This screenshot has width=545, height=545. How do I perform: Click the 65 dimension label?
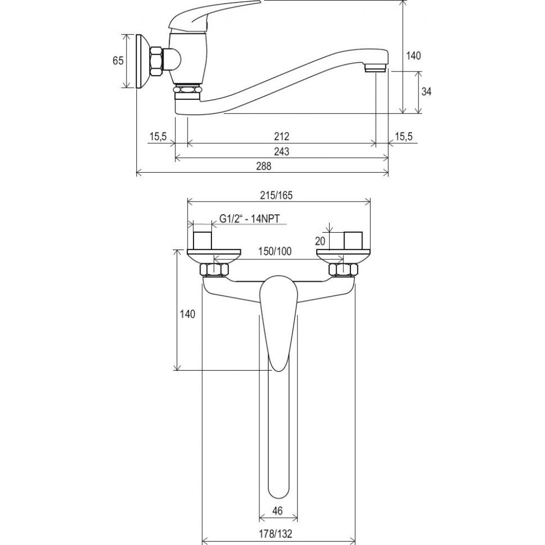click(118, 61)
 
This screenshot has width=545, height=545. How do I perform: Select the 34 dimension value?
click(426, 92)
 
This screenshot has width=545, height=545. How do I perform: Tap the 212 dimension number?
click(282, 136)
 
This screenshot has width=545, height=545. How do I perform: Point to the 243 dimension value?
click(282, 152)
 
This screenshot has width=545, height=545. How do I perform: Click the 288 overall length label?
click(263, 166)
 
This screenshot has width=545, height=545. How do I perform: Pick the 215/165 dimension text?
click(276, 195)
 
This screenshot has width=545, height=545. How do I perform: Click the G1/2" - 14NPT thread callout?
click(250, 219)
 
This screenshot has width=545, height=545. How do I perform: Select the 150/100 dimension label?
click(275, 251)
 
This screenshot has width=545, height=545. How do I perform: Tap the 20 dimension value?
click(320, 241)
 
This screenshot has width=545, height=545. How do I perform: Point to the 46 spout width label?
click(277, 511)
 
